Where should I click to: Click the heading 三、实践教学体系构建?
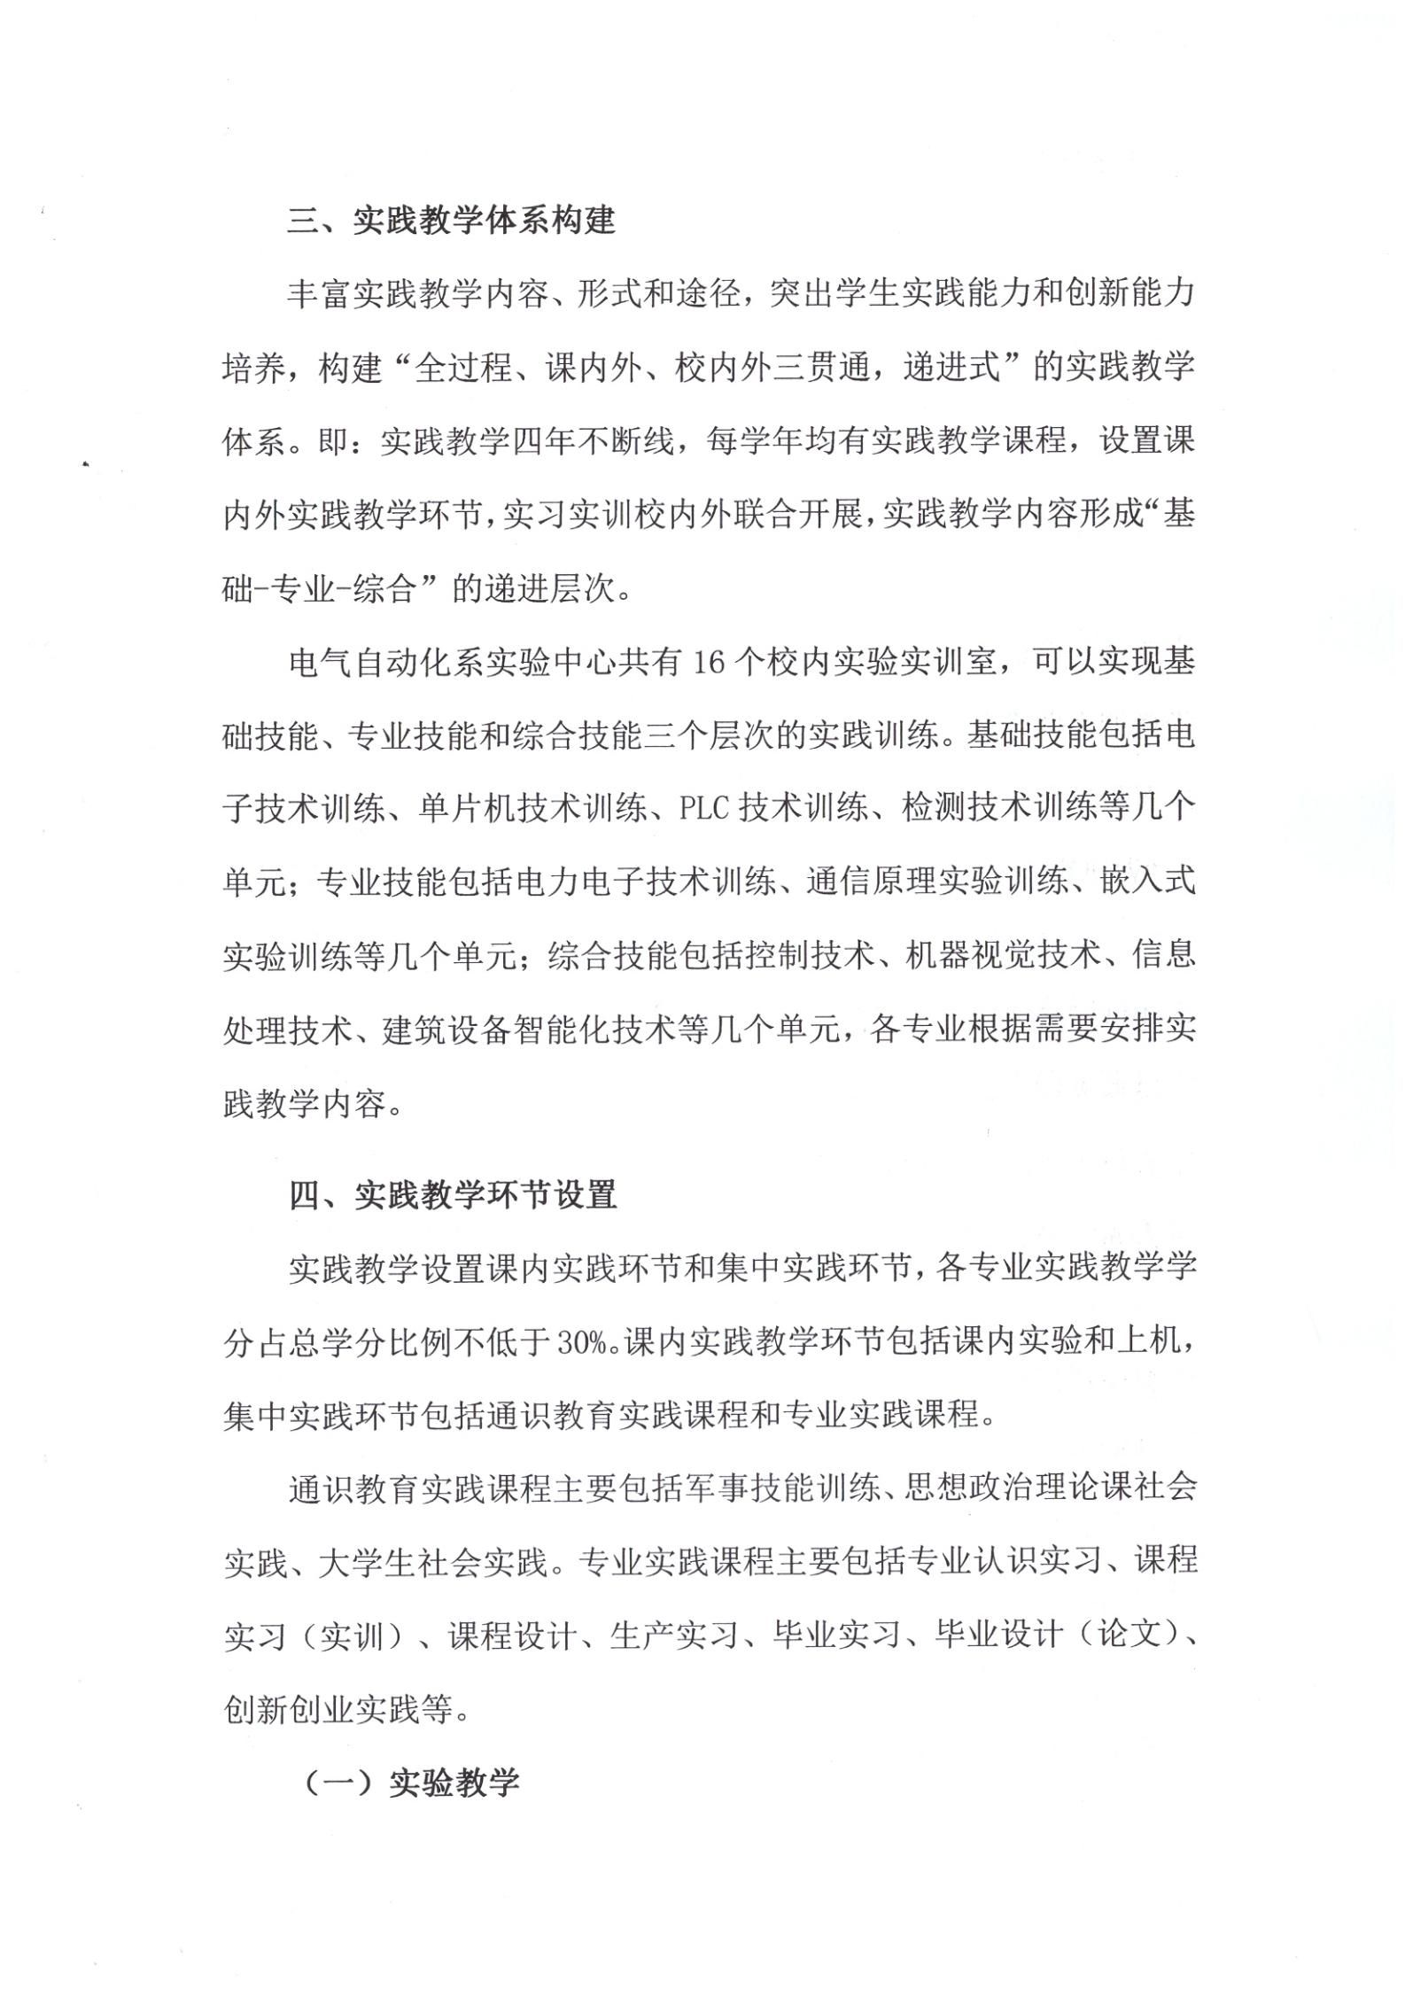pos(451,221)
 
